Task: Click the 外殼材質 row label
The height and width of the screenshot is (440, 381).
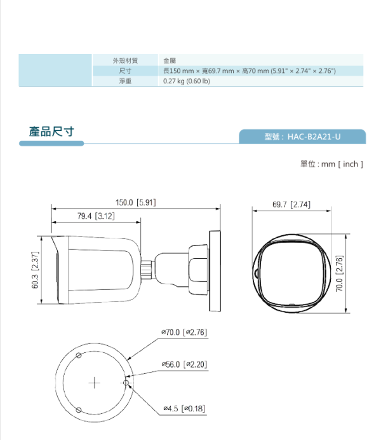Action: click(125, 60)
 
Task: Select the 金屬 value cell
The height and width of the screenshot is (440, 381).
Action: click(170, 60)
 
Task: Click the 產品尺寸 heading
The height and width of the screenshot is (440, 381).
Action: click(52, 132)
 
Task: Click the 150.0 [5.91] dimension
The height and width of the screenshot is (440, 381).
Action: click(135, 203)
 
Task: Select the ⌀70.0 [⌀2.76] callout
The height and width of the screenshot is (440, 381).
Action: click(184, 332)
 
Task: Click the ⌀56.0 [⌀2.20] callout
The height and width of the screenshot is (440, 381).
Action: click(184, 364)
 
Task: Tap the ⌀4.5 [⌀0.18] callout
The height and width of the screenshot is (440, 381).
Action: click(184, 408)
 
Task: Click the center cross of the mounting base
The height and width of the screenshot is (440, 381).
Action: click(95, 383)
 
